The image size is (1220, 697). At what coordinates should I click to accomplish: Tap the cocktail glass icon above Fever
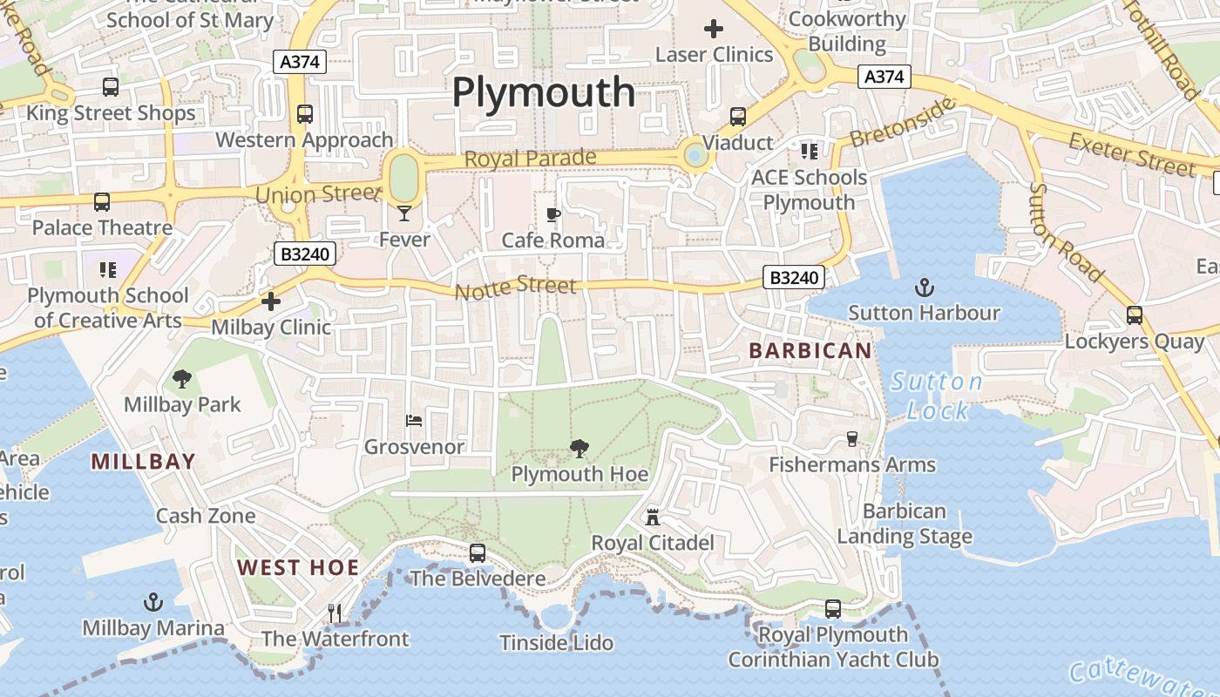point(404,213)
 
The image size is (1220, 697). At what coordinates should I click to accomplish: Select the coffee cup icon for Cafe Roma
point(552,214)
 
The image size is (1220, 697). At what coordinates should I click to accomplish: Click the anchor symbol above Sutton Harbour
point(924,287)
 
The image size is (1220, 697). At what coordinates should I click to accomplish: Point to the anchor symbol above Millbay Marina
point(153,602)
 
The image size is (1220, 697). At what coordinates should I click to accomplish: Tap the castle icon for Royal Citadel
point(652,518)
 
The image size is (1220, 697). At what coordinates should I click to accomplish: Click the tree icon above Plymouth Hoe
point(579,449)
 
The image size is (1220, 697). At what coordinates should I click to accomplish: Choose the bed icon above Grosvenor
point(414,421)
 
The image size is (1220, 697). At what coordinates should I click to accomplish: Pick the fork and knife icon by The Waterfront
point(335,613)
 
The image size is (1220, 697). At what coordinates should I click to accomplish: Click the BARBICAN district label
point(810,351)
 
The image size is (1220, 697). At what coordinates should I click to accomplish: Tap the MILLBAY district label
point(143,462)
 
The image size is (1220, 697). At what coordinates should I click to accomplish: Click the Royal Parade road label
point(530,159)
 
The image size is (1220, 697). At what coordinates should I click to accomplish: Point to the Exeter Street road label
point(1131,154)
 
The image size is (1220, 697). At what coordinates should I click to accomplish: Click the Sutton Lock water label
point(937,396)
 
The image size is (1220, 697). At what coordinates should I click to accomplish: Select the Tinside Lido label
point(556,643)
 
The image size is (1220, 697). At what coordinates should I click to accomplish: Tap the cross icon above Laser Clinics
point(714,29)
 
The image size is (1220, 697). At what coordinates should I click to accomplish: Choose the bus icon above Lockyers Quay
point(1135,315)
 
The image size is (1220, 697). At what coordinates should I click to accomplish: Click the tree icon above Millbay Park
point(182,379)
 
